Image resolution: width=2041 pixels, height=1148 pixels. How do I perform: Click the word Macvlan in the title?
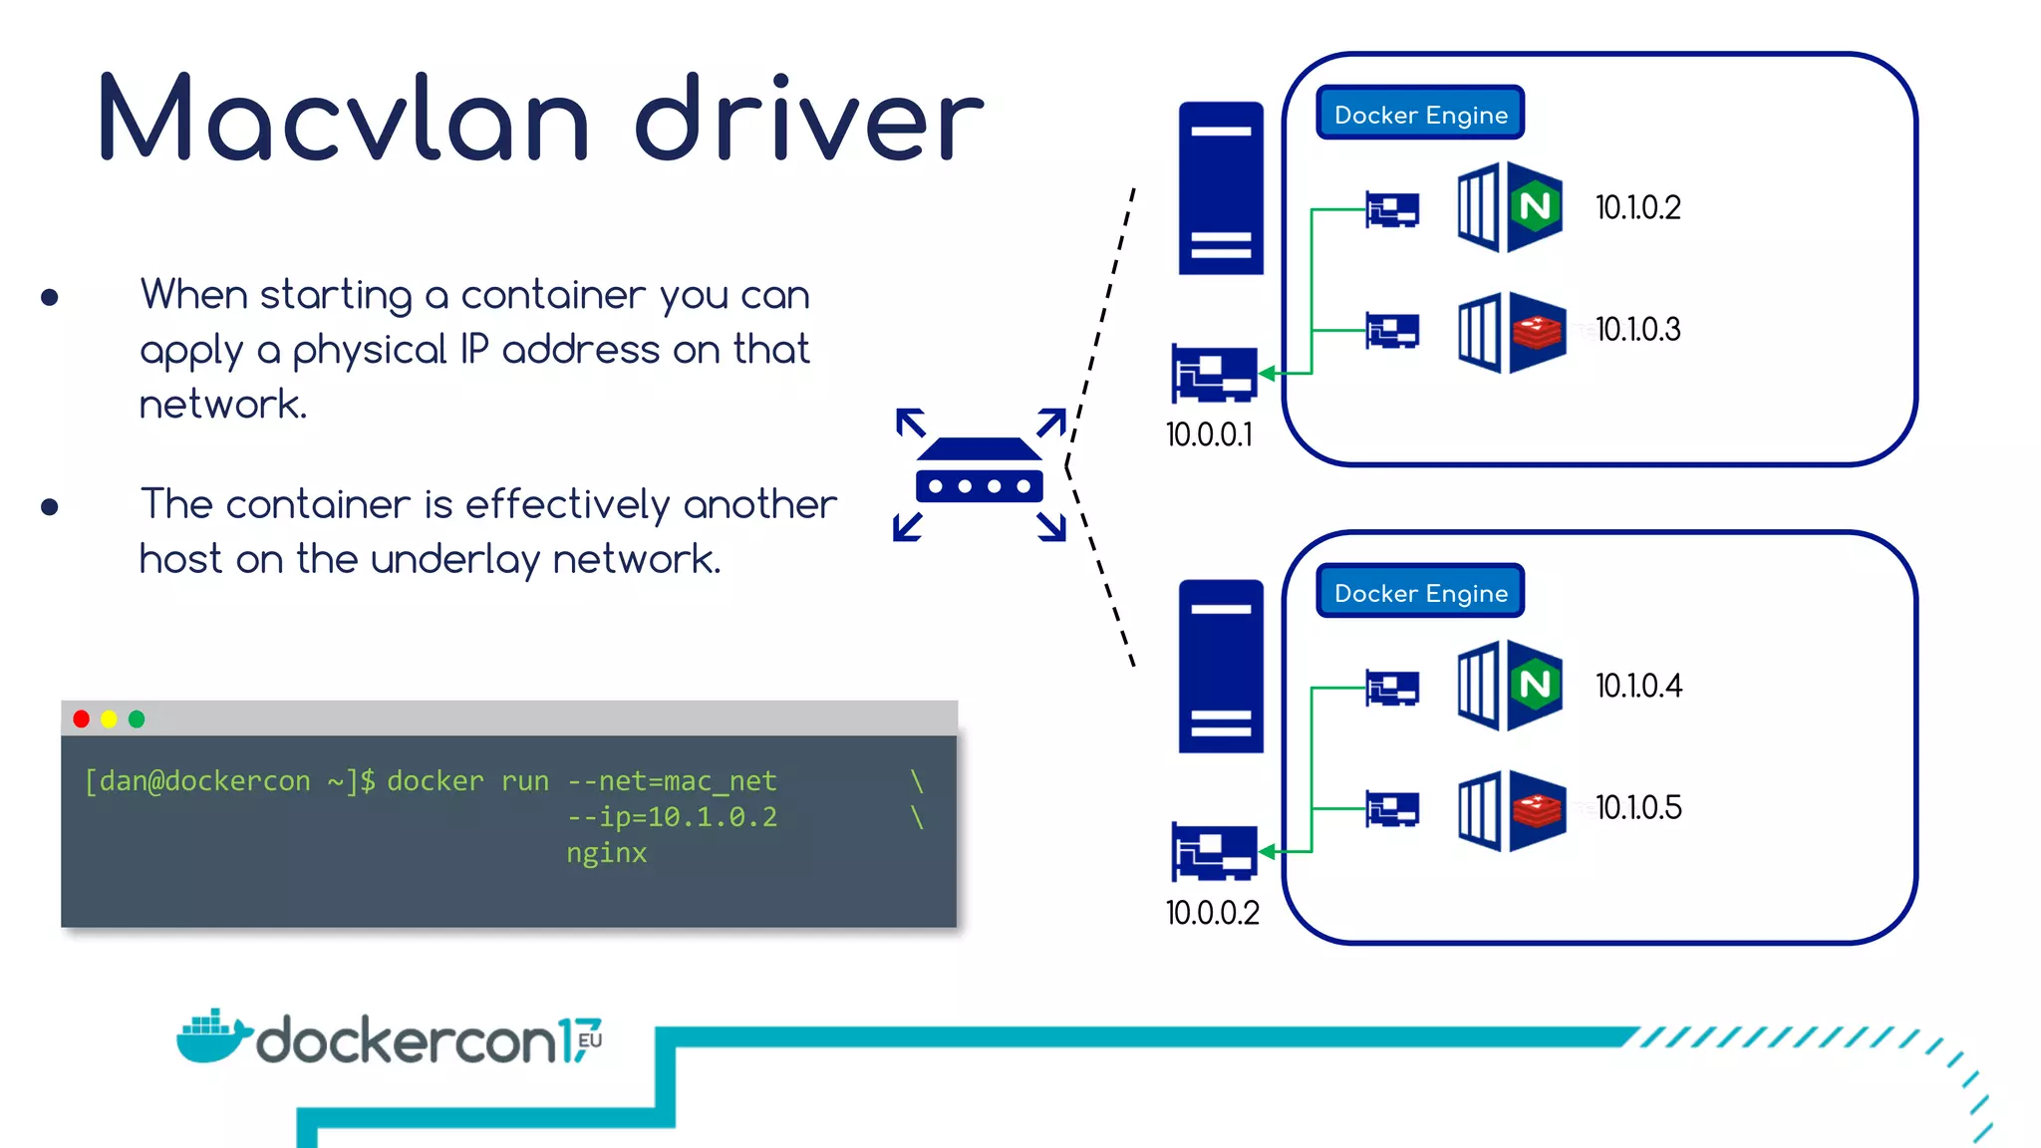345,120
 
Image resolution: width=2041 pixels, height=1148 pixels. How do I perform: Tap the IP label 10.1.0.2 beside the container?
1637,207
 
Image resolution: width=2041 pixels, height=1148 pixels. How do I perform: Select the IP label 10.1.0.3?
1637,329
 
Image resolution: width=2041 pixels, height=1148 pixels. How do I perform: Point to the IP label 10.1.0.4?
1638,686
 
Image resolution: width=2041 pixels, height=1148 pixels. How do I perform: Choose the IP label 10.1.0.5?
1638,807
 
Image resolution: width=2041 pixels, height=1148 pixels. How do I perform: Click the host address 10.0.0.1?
1209,434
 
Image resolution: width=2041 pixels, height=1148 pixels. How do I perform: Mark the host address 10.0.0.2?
1212,913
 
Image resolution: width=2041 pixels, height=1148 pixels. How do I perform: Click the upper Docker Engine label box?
1420,114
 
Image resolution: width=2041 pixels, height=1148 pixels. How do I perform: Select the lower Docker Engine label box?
1420,592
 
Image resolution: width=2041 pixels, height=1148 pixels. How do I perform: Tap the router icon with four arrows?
980,475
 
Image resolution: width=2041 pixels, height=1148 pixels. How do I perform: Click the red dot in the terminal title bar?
82,718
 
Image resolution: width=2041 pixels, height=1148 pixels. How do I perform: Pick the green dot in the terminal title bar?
137,718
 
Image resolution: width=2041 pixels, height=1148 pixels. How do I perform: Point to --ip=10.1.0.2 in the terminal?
672,817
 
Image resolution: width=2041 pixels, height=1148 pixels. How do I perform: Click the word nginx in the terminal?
606,853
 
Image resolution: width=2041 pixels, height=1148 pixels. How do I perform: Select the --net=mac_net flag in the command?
672,781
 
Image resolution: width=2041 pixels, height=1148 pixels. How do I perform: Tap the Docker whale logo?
211,1036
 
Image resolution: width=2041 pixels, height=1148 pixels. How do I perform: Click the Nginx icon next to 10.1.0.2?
1535,206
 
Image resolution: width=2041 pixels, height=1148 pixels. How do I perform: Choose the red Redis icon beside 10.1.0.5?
1537,809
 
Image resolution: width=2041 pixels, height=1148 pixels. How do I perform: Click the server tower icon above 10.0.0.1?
1221,188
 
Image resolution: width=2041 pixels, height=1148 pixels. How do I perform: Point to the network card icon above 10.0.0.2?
1214,852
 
